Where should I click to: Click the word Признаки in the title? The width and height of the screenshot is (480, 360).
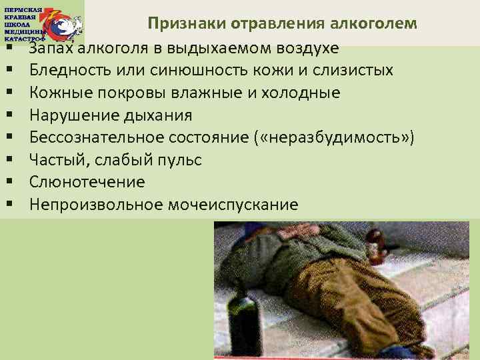(187, 25)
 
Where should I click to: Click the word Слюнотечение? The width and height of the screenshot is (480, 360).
(87, 182)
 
